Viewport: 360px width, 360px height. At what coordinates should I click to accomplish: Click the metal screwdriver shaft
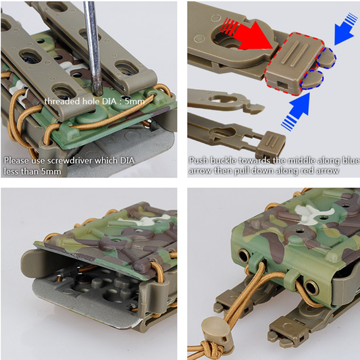[x=92, y=46]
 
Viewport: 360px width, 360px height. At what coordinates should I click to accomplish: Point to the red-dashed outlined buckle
[x=294, y=63]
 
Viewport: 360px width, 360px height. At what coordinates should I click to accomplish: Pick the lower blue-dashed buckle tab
[x=312, y=79]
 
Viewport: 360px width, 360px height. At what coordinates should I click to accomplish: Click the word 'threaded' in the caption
[x=61, y=101]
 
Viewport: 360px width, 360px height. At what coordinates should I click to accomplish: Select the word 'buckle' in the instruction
[x=223, y=161]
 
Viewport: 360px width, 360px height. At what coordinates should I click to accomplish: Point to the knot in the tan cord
[x=212, y=350]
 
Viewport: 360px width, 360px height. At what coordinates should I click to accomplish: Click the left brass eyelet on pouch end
[x=244, y=256]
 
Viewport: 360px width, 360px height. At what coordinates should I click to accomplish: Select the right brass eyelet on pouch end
[x=311, y=288]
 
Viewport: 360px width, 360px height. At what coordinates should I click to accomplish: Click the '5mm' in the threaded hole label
[x=135, y=101]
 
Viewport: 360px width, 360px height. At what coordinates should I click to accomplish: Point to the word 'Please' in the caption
[x=16, y=161]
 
